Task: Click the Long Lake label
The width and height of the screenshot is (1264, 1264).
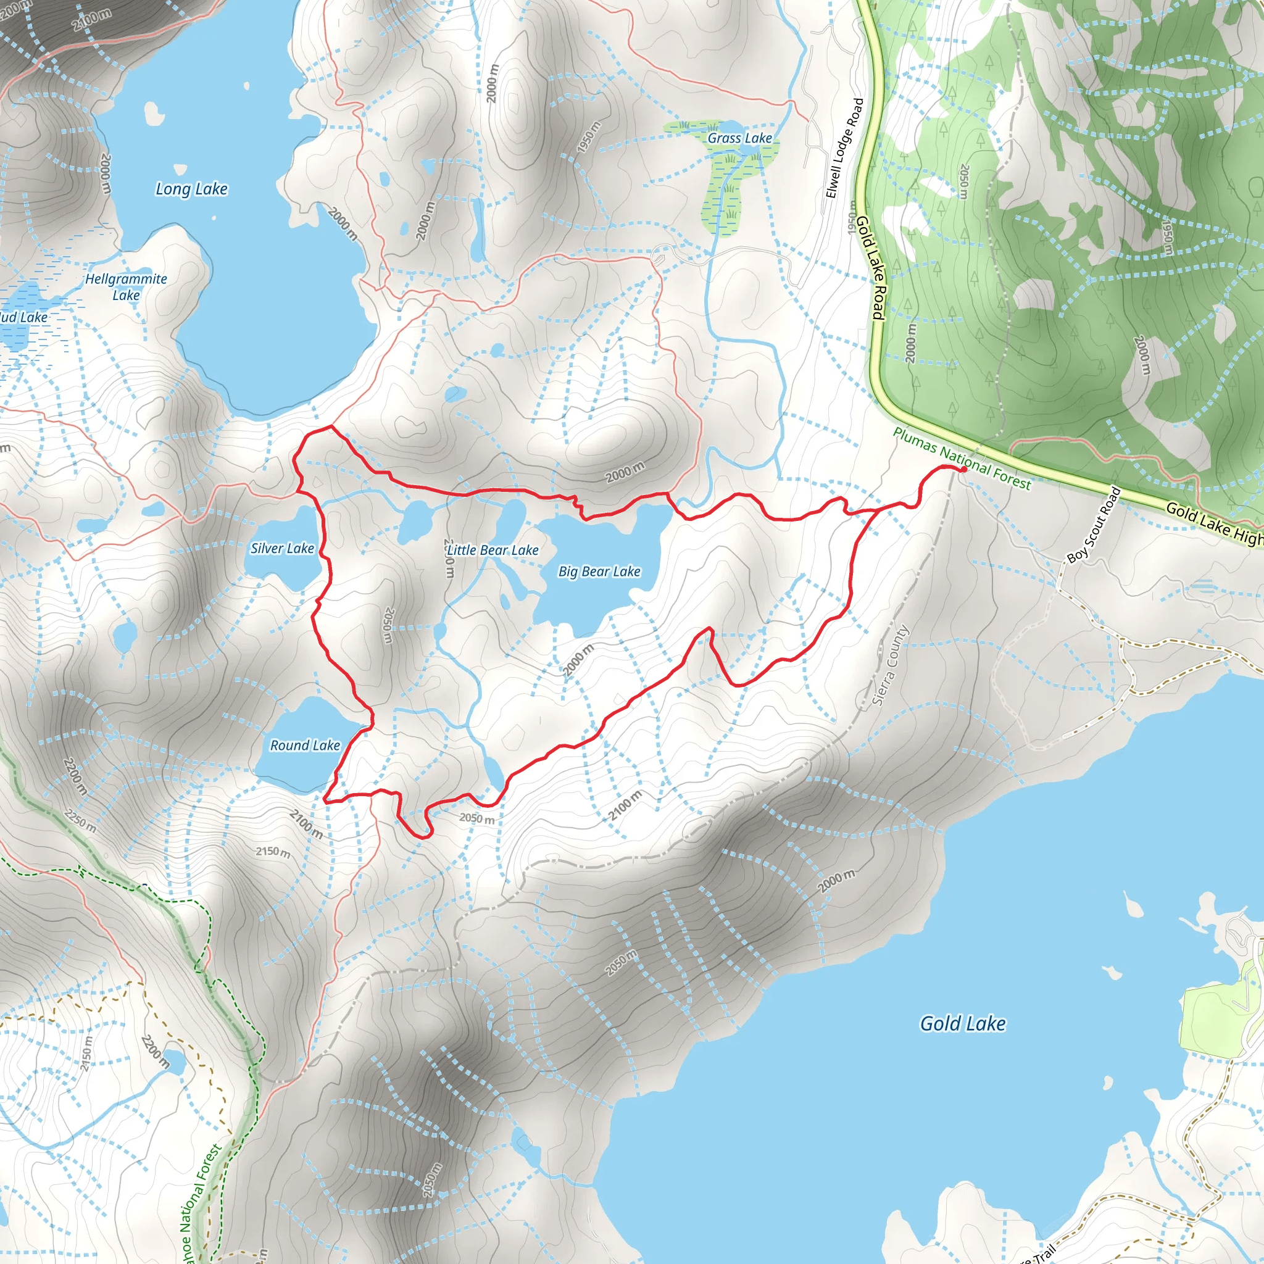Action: [191, 189]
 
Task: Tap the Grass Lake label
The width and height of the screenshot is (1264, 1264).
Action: [739, 138]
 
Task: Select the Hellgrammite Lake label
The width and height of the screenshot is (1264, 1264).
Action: [127, 286]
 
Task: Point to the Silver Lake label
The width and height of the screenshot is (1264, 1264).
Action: [282, 548]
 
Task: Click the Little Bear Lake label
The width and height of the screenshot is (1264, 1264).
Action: [493, 550]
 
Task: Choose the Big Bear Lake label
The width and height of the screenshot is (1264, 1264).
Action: [599, 571]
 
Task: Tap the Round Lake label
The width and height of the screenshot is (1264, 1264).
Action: [305, 745]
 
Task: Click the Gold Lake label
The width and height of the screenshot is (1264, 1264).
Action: [962, 1023]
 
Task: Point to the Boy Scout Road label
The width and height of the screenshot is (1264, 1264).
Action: [1093, 525]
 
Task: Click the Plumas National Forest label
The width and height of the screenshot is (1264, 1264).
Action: [962, 459]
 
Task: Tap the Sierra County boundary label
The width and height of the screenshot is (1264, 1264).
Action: [891, 665]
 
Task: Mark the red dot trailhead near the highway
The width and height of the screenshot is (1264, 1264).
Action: [963, 468]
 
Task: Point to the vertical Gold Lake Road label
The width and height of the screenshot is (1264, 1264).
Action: [871, 268]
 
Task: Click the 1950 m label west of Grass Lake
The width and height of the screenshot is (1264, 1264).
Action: [588, 138]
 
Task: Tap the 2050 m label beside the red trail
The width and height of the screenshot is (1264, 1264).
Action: [477, 818]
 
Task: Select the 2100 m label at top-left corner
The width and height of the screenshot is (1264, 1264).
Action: [91, 20]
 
